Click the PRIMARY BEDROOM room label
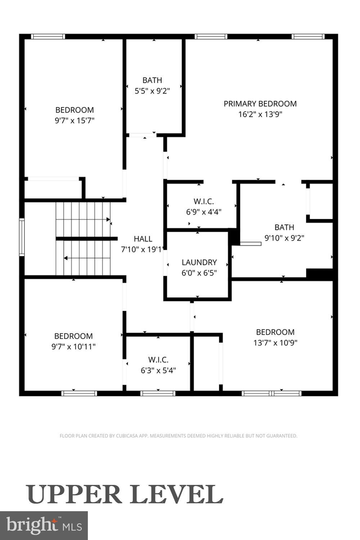260,104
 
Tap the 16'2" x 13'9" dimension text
260,114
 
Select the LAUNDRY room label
199,262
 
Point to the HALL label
143,239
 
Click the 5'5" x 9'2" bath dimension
152,91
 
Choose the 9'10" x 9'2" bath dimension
284,238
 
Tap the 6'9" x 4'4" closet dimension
203,212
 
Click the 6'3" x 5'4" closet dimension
158,370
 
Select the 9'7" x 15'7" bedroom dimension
75,121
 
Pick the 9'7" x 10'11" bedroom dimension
73,347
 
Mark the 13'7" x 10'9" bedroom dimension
275,343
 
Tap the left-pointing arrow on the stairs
66,258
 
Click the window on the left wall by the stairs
22,237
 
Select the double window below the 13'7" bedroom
271,393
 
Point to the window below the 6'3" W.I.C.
158,393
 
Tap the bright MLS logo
44,525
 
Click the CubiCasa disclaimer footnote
178,436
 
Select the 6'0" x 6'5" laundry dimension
199,273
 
